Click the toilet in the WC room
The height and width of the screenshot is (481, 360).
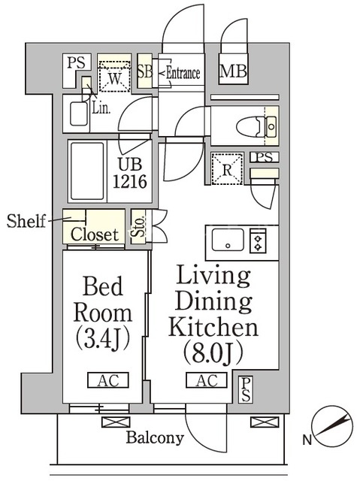[256, 126]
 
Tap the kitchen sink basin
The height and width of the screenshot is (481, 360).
[228, 240]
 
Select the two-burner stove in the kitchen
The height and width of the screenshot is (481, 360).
[258, 241]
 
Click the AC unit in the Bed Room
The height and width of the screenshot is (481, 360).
[108, 380]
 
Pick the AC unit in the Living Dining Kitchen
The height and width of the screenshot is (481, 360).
[207, 380]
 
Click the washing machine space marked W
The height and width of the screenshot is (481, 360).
[115, 77]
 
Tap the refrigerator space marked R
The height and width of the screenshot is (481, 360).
[227, 169]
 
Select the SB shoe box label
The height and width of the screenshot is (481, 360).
[145, 71]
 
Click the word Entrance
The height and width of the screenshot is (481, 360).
[183, 74]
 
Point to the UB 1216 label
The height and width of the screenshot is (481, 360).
[130, 173]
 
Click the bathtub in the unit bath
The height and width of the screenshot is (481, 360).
[87, 171]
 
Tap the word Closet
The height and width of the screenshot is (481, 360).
[95, 234]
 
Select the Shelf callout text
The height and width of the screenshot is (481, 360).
[26, 220]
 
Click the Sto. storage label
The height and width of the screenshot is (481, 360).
[138, 227]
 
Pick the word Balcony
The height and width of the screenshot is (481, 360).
[155, 437]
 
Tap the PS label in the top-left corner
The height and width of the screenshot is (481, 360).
[77, 62]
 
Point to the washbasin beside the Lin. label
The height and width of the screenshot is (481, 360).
[79, 113]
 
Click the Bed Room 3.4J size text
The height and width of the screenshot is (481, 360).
[103, 340]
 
